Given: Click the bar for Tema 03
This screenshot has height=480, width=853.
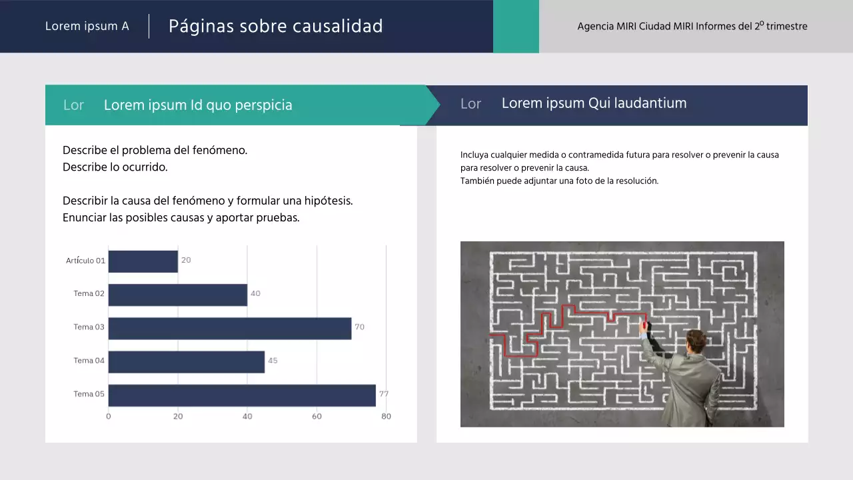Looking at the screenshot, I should point(230,328).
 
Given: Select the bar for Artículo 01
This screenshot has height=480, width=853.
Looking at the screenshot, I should point(143,261).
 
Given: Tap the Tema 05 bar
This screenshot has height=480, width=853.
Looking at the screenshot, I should point(242,395).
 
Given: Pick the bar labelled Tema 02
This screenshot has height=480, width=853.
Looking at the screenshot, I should point(178,295).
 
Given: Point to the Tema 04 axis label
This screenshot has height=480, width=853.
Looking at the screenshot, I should point(89,361).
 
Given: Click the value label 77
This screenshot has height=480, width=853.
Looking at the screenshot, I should point(384,394).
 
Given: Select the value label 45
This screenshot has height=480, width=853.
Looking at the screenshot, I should point(273,361).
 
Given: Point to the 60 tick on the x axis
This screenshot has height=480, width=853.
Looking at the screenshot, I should point(317,417).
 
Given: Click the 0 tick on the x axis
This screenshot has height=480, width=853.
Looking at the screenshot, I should point(109,417).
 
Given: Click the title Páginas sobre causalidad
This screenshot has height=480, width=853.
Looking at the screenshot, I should point(275,26).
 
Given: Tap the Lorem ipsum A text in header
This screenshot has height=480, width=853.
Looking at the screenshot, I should point(87,27).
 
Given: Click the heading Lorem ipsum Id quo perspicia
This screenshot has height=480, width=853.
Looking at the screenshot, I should point(198,105).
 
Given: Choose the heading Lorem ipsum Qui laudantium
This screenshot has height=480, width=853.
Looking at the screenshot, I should point(594,103).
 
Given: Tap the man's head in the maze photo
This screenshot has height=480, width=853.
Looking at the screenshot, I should point(696,341).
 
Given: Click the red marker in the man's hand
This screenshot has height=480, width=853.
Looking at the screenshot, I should point(644,325).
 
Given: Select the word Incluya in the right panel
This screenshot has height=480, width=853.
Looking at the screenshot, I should point(474,155).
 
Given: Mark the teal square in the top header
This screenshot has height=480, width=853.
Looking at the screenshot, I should point(516,26).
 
